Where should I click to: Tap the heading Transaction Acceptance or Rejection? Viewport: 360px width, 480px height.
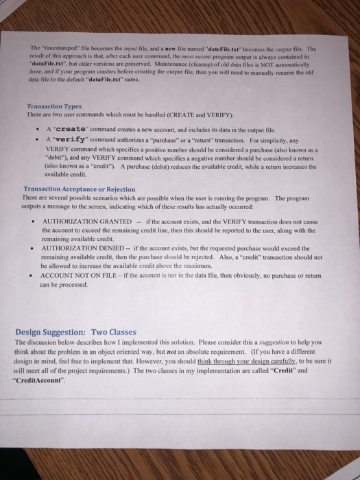click(79, 189)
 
